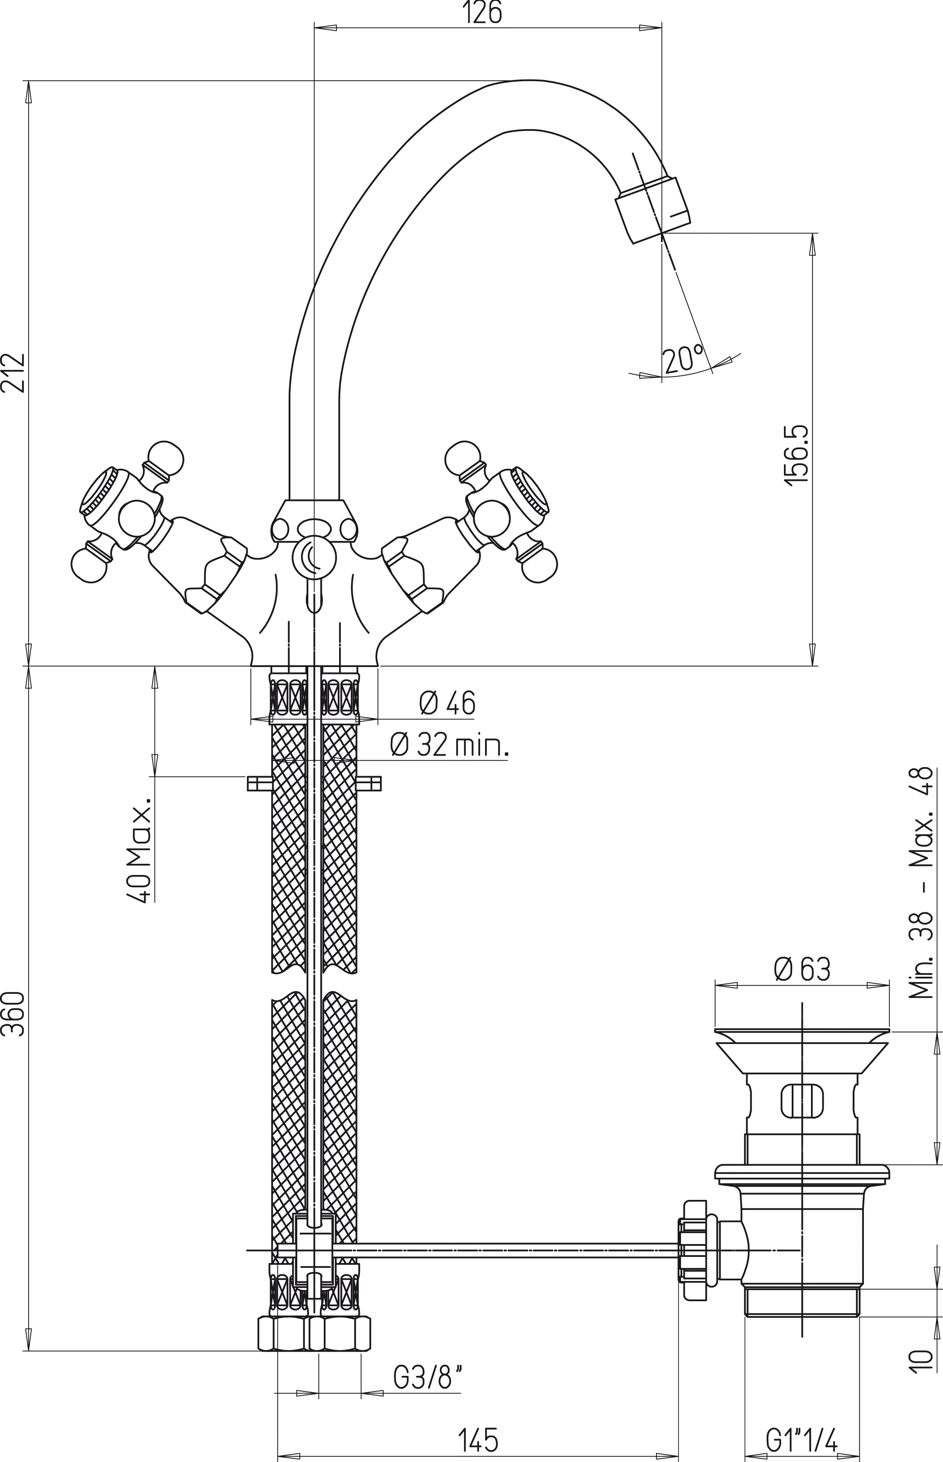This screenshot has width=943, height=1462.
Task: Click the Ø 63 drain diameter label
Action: pyautogui.click(x=802, y=970)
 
